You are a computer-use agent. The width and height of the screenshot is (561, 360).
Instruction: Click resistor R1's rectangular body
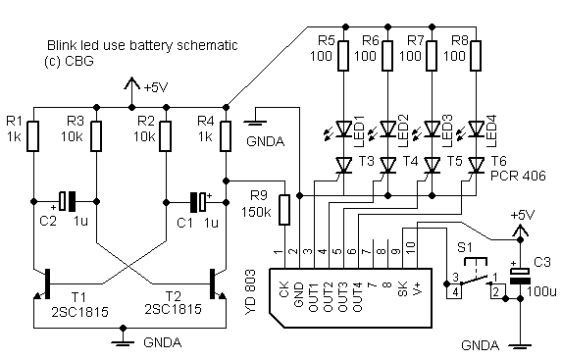(x=33, y=136)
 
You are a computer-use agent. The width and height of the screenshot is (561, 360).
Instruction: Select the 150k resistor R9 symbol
(x=284, y=210)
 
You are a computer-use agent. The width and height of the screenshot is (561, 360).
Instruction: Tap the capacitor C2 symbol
(x=68, y=201)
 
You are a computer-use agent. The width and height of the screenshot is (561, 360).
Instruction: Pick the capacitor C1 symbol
(x=198, y=202)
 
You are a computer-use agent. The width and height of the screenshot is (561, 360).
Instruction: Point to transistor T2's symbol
(x=217, y=284)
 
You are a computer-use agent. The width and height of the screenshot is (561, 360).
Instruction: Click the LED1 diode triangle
(x=344, y=129)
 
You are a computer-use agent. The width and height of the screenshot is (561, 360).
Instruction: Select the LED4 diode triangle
(x=477, y=129)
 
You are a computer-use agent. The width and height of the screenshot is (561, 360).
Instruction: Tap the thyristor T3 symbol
(x=344, y=166)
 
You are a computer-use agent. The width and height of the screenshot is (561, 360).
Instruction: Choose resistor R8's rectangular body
(x=477, y=56)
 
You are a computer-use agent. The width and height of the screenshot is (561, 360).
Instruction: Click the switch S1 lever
(x=475, y=280)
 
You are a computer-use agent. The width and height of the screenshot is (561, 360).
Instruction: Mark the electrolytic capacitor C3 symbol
(x=520, y=276)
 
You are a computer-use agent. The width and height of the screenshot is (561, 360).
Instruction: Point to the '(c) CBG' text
(x=69, y=61)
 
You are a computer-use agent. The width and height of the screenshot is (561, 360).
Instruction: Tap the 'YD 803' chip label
(x=251, y=292)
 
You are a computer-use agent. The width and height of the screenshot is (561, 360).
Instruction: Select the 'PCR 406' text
(x=518, y=176)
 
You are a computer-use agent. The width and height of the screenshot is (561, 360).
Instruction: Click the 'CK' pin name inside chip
(x=283, y=289)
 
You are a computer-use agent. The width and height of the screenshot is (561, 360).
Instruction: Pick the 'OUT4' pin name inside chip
(x=358, y=296)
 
